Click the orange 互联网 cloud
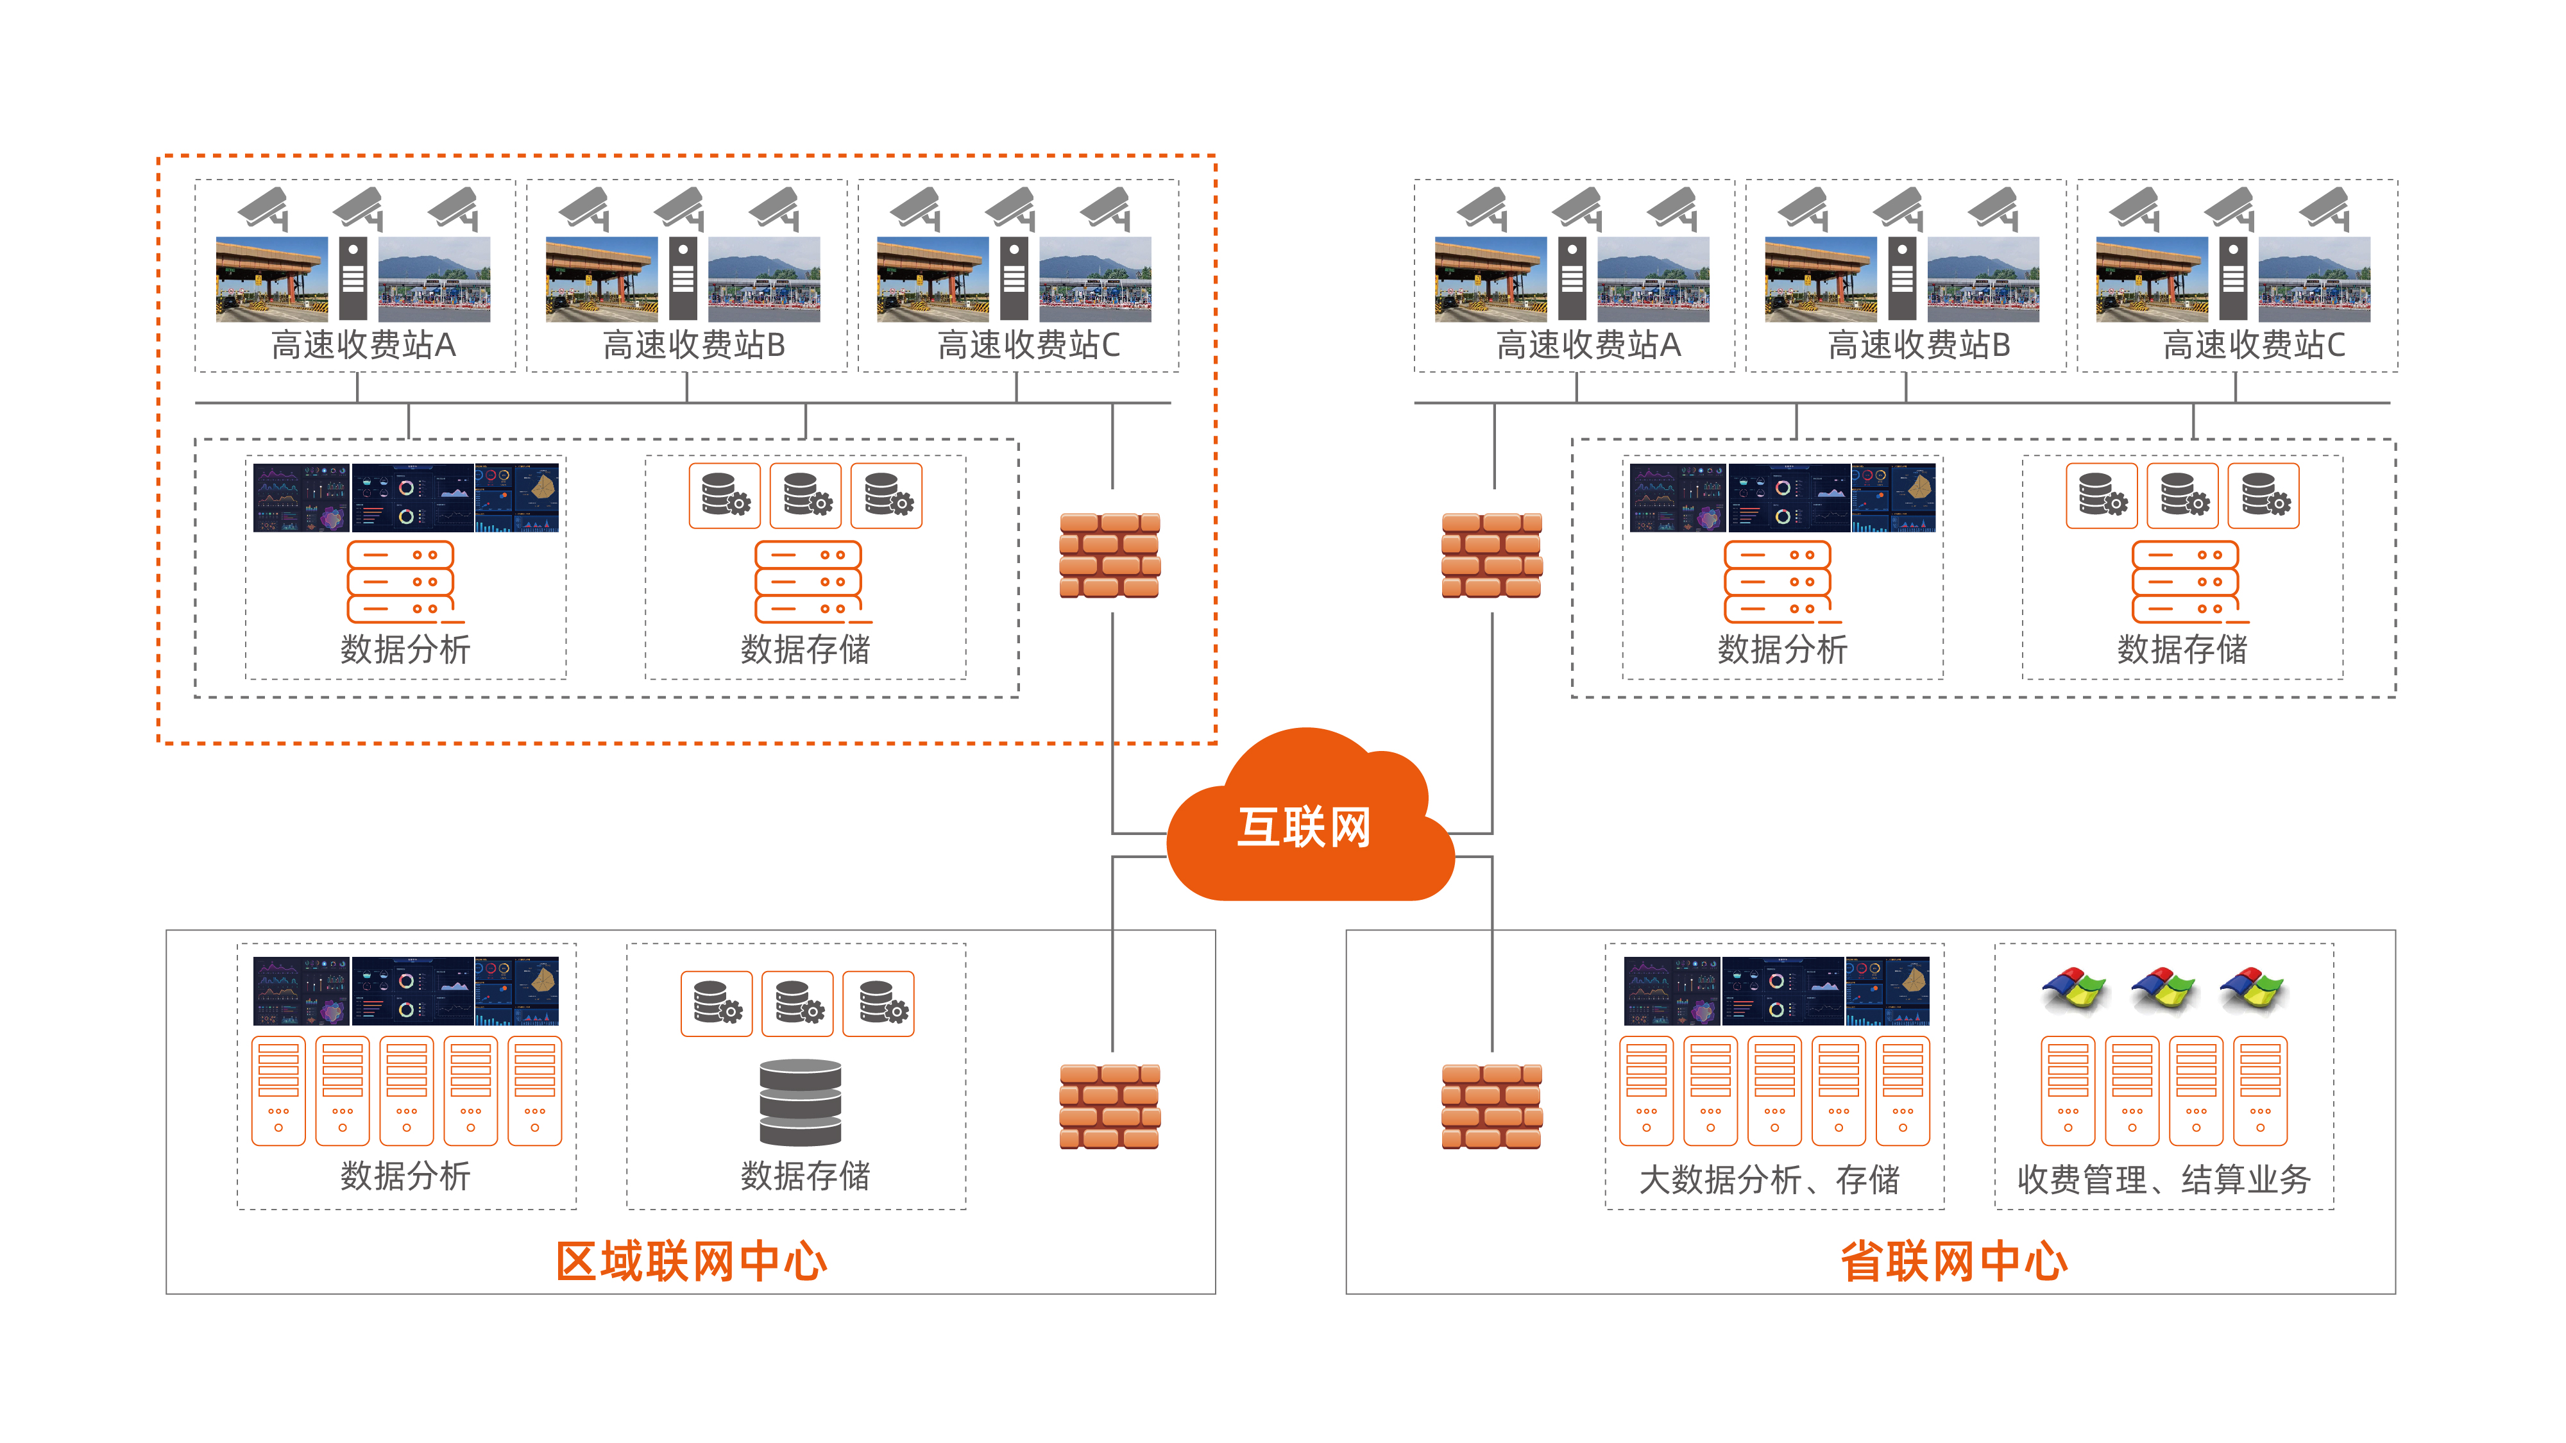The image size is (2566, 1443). coord(1305,827)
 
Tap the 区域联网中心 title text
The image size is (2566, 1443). coord(692,1262)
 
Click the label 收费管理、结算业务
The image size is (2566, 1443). coord(2164,1180)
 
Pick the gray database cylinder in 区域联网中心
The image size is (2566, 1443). coord(800,1102)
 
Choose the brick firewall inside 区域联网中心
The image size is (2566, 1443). coord(1110,1106)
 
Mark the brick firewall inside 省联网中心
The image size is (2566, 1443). coord(1491,1106)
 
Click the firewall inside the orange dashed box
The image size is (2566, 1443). coord(1110,555)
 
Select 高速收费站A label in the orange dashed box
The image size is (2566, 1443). coord(364,344)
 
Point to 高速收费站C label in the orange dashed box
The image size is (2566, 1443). coord(1028,344)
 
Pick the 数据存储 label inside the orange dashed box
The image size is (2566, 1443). coord(805,649)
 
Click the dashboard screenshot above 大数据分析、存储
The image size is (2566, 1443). coord(1776,991)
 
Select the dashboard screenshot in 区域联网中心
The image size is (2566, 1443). coord(405,991)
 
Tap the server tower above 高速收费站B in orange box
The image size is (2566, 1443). coord(683,279)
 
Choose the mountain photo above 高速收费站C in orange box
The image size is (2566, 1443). coord(1095,279)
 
